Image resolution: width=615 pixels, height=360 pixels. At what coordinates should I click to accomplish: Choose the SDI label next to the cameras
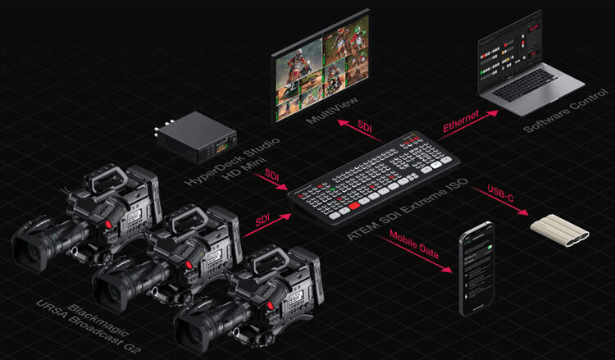tap(265, 218)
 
